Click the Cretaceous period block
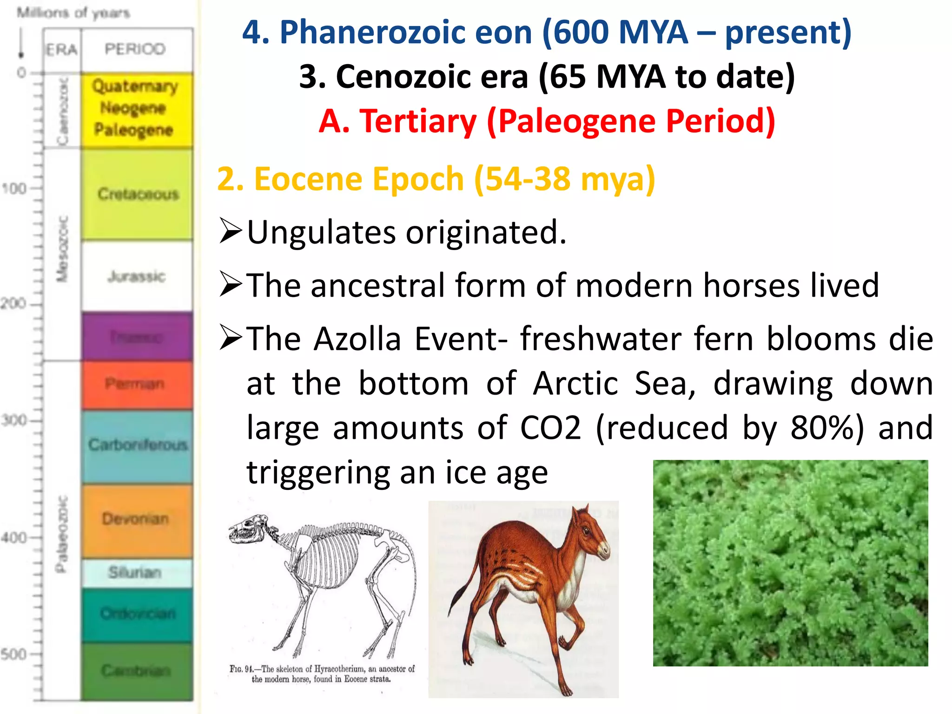click(138, 194)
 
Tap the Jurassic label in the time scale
click(136, 276)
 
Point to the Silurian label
click(135, 572)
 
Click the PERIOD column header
click(135, 49)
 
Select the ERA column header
click(61, 49)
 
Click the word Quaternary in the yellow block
click(135, 86)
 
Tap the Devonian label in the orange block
click(135, 518)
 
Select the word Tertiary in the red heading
click(418, 121)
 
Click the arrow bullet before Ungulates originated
click(231, 231)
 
